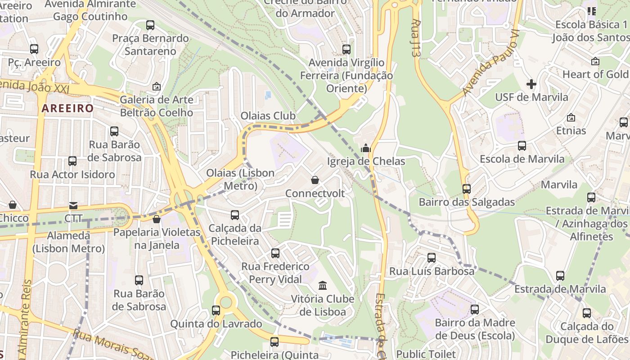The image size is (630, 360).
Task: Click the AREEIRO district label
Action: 68,108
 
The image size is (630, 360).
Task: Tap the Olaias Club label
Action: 268,116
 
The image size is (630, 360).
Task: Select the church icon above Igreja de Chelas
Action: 365,148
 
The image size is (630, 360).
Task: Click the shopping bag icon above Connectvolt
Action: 315,180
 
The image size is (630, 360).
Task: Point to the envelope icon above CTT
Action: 73,205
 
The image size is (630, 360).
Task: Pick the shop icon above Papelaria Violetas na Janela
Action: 156,219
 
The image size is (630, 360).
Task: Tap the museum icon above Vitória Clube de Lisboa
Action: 323,285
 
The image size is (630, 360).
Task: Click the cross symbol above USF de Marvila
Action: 531,84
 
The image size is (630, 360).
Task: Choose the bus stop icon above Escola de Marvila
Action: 522,146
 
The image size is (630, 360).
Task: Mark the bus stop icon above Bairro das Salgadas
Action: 467,189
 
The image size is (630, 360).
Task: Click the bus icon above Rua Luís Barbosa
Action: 432,258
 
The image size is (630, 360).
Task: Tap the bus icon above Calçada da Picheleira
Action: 235,215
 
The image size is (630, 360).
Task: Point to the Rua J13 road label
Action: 416,38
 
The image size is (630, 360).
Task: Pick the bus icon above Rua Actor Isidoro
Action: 72,161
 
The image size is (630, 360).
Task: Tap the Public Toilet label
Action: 426,354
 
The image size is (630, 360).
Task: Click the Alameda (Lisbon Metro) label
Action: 68,242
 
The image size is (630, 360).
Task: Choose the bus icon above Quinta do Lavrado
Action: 216,310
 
